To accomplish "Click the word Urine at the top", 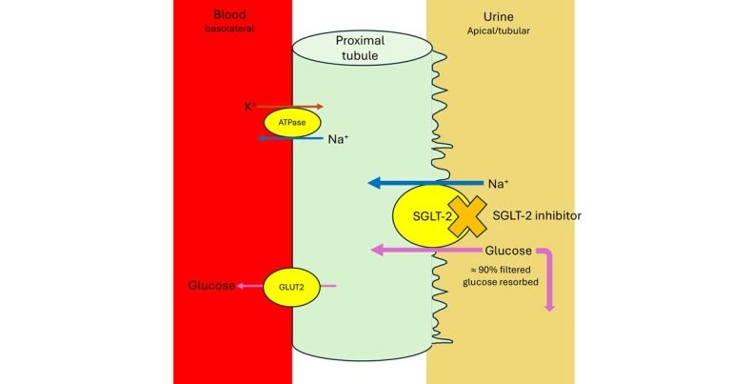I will tap(501, 17).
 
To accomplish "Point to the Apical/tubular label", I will tap(501, 30).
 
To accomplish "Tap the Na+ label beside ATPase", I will tap(339, 139).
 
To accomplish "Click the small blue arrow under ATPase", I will tap(289, 139).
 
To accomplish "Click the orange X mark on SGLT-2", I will tap(468, 216).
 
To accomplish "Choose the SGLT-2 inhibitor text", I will tap(536, 216).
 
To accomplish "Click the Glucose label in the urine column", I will tap(508, 251).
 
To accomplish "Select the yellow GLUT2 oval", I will tap(290, 286).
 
